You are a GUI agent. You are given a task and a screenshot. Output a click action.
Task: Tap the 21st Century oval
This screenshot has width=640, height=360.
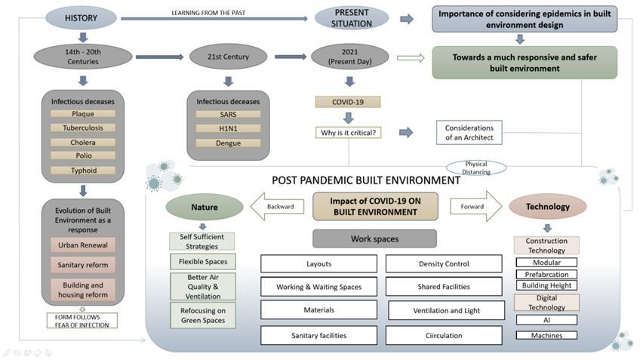tap(228, 57)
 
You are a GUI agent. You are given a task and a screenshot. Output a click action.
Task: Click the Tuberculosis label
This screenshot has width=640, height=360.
tap(82, 128)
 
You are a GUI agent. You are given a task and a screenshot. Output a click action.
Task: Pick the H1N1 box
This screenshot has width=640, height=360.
tap(228, 128)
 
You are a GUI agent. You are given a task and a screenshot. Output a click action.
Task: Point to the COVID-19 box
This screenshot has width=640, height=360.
tap(347, 102)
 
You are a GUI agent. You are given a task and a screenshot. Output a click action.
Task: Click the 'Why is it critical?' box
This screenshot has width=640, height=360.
tap(348, 133)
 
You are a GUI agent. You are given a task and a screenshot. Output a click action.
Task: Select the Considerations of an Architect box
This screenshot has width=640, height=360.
tap(469, 133)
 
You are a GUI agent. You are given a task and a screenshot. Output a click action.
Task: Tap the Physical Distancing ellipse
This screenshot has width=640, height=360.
tap(475, 168)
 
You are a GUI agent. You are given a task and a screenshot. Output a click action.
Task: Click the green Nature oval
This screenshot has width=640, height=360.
tap(205, 206)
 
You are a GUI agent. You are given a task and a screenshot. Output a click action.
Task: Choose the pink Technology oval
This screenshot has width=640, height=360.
tap(549, 206)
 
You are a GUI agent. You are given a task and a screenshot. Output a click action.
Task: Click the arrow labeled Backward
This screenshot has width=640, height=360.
tap(277, 205)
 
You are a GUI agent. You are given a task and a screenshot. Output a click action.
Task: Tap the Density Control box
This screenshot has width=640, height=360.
tap(444, 264)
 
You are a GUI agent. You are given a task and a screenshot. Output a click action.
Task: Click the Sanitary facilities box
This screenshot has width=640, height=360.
tap(318, 335)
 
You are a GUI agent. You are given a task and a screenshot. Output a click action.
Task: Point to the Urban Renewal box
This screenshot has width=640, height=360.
tap(83, 245)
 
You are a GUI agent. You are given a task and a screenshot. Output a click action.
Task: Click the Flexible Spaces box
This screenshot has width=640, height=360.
tap(202, 262)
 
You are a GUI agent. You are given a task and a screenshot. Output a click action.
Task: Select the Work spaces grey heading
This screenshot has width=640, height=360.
tap(374, 239)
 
